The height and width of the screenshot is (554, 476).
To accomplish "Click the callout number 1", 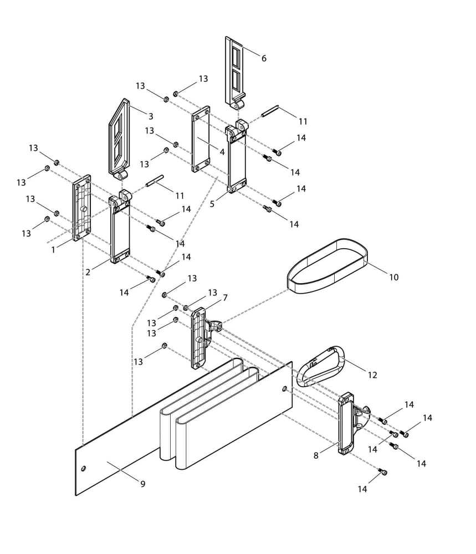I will [x=53, y=250].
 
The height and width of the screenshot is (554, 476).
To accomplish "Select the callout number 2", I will [x=88, y=272].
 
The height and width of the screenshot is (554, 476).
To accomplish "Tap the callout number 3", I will [x=150, y=116].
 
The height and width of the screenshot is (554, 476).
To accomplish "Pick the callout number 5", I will [x=212, y=203].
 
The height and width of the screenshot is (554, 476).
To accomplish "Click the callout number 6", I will [x=264, y=58].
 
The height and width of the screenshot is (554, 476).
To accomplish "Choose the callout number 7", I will [x=225, y=297].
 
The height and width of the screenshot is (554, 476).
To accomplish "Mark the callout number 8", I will [x=316, y=455].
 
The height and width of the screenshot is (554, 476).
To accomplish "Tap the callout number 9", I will [x=142, y=484].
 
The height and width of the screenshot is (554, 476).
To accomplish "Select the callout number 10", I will [x=393, y=277].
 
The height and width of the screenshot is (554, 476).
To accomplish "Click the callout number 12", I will [x=372, y=375].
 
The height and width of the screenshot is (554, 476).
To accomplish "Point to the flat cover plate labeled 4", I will [x=201, y=139].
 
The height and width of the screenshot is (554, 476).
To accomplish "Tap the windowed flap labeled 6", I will [x=234, y=71].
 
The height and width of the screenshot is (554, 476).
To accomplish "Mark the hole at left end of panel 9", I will [x=84, y=469].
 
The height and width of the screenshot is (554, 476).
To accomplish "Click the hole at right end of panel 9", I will [x=285, y=388].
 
